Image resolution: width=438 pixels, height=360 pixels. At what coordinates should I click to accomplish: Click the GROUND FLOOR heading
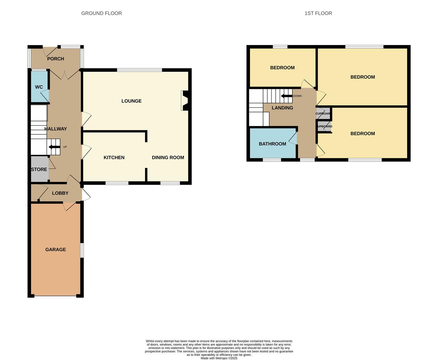pos(101,13)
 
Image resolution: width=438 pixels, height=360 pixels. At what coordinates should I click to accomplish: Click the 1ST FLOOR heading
pos(318,13)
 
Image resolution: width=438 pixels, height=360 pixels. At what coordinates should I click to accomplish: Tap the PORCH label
pos(55,59)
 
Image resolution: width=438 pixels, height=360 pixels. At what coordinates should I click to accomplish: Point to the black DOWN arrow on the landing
pos(286,96)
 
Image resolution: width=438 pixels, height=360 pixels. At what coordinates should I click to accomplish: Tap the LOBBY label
pos(60,193)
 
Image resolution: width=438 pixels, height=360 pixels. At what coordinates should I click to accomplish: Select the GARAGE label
pos(55,249)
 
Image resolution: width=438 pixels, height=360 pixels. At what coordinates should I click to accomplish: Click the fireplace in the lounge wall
pos(185,101)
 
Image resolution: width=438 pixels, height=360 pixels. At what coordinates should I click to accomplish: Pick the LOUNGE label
pos(131,101)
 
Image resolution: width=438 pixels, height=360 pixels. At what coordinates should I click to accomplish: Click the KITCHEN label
pos(114,157)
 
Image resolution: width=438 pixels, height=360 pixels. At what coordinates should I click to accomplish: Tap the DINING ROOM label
pos(168,157)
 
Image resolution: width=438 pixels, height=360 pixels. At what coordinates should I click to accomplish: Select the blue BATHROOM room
pos(272,144)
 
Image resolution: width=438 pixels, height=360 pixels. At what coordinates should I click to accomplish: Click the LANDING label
pos(282,108)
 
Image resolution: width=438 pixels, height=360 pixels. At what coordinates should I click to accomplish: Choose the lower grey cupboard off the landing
pos(324,127)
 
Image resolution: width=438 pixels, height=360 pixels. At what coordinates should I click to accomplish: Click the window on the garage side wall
pos(82,250)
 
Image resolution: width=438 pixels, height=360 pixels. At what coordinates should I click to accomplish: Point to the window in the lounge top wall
pos(139,70)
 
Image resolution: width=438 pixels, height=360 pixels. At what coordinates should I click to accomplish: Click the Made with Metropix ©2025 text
pos(219,358)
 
